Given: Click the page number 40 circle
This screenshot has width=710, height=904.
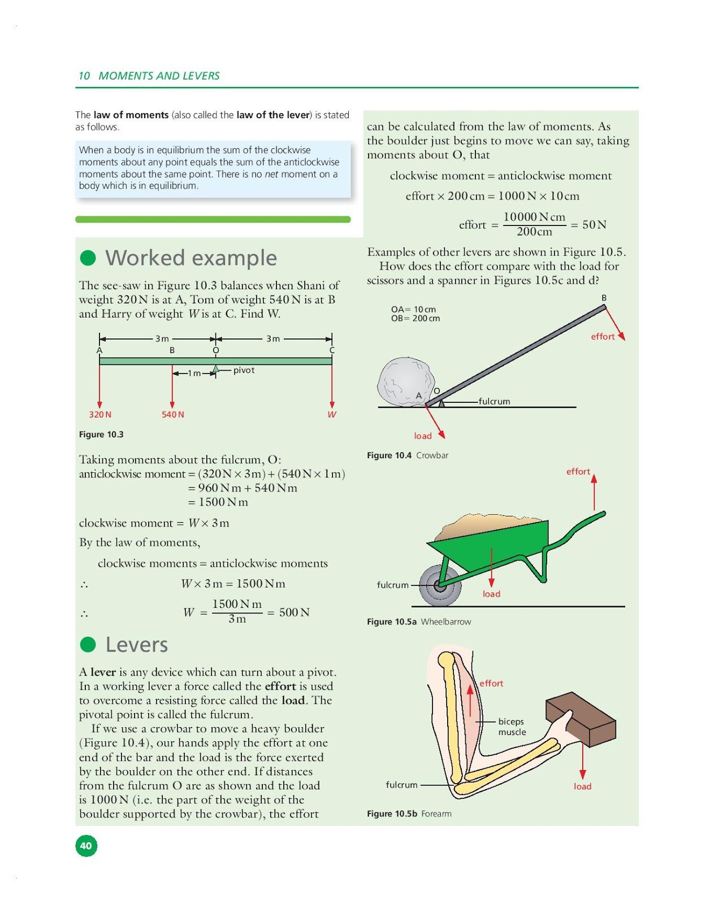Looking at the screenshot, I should (86, 845).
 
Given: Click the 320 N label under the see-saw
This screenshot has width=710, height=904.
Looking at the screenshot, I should (100, 415).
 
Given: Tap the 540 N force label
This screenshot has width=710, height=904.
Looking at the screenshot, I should (173, 415).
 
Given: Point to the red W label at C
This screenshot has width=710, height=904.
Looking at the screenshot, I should (332, 415).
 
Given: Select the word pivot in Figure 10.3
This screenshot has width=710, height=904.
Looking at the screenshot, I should (244, 370).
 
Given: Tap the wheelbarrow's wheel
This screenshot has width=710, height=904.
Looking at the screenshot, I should (440, 585).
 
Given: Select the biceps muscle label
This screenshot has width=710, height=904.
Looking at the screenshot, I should (512, 727).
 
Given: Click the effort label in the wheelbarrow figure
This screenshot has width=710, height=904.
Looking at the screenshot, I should (578, 471).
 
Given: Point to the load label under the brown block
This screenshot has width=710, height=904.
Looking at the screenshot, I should (582, 786).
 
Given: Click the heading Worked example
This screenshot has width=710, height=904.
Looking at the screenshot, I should (191, 258).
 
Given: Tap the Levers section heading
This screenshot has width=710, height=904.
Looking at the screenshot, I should (137, 645).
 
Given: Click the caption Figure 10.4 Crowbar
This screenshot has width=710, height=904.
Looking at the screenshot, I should (408, 455).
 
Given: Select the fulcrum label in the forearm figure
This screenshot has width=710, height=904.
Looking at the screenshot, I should (401, 785).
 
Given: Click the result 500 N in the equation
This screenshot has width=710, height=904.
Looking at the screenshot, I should (294, 612).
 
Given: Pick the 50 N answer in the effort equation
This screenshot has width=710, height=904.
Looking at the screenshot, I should (594, 225).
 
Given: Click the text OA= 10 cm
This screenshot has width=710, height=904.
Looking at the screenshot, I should (413, 309).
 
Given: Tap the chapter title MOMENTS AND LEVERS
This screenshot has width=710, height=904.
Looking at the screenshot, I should (159, 76).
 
